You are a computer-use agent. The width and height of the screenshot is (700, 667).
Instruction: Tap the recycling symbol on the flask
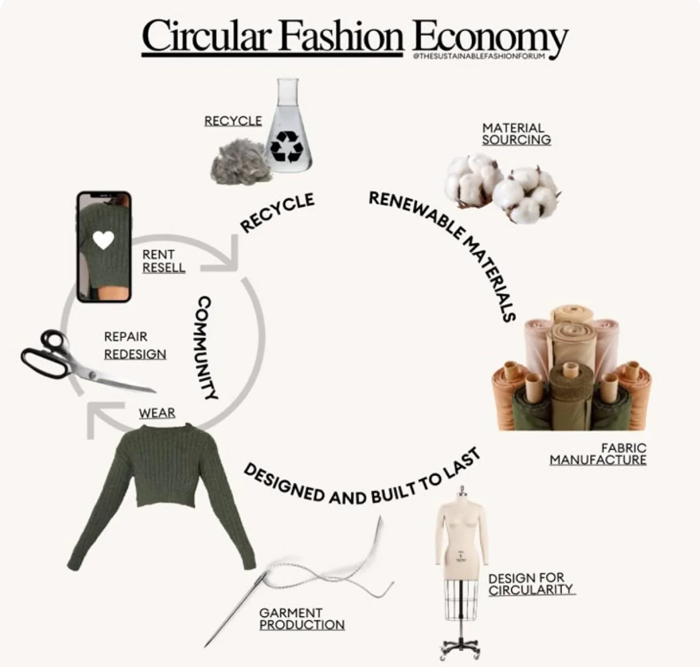[286, 145]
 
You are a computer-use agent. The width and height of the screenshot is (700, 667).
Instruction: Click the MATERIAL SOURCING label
[516, 134]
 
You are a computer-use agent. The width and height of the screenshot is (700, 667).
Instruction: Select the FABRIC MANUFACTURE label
[598, 454]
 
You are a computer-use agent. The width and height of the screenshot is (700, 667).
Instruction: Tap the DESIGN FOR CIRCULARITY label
[530, 584]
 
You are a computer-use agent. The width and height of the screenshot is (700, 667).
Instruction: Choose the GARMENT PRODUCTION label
[302, 618]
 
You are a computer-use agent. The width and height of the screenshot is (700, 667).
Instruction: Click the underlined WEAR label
[157, 413]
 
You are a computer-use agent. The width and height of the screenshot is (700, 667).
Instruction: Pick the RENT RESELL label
[163, 261]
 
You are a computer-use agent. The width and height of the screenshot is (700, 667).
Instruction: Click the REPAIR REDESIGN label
[135, 345]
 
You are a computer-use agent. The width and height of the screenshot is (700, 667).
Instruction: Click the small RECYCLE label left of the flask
[233, 121]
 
